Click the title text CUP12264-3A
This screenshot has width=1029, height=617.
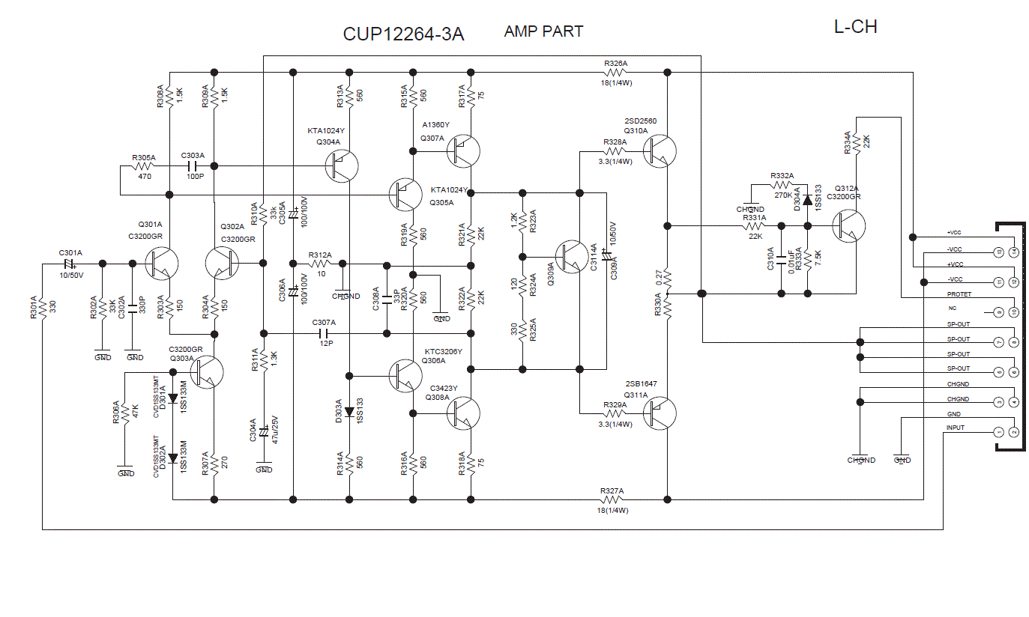click(x=403, y=34)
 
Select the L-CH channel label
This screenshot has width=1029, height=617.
click(x=855, y=28)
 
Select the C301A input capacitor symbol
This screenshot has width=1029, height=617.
click(x=70, y=264)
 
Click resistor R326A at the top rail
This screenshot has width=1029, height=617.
click(x=615, y=73)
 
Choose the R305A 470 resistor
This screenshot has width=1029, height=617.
click(x=144, y=165)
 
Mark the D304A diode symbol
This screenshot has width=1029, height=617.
click(x=807, y=201)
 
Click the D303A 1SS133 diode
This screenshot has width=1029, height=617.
click(x=349, y=411)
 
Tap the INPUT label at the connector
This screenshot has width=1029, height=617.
click(x=955, y=428)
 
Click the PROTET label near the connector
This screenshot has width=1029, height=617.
click(x=959, y=294)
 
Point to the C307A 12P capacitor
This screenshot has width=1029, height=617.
click(x=324, y=333)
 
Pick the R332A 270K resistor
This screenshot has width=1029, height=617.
click(x=782, y=184)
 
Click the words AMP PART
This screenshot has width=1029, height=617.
click(x=543, y=31)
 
